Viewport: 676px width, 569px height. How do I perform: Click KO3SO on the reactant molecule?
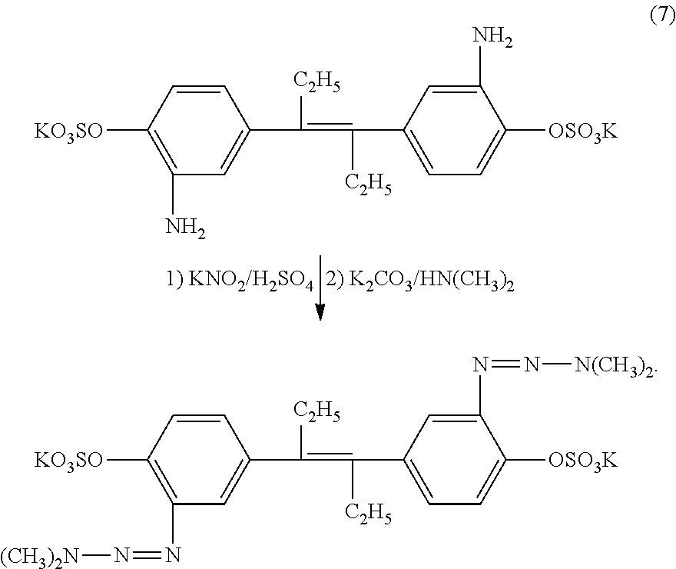tap(68, 131)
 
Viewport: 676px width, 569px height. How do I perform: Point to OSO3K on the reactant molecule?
tap(582, 131)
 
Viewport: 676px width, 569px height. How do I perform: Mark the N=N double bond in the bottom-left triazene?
tap(147, 555)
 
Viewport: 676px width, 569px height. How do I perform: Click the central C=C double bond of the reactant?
tap(326, 128)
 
